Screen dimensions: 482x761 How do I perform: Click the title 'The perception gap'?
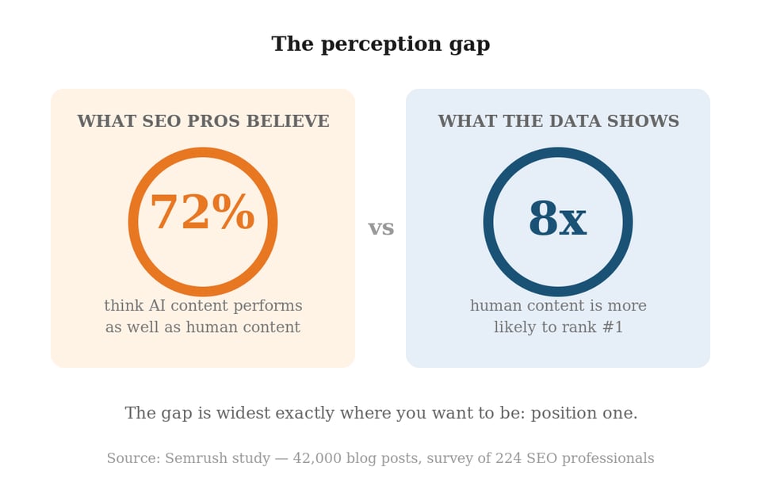pos(380,44)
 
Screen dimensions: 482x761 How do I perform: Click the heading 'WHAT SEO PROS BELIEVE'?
pos(203,121)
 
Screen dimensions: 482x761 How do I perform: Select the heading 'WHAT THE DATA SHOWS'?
pos(558,121)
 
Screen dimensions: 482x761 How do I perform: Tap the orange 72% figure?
pos(202,214)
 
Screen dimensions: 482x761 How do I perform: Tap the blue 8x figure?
pos(557,220)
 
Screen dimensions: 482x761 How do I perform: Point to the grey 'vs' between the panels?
pos(381,228)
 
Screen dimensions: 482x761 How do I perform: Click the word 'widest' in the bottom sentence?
pos(231,413)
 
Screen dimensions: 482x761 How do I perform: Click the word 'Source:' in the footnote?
pos(133,458)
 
